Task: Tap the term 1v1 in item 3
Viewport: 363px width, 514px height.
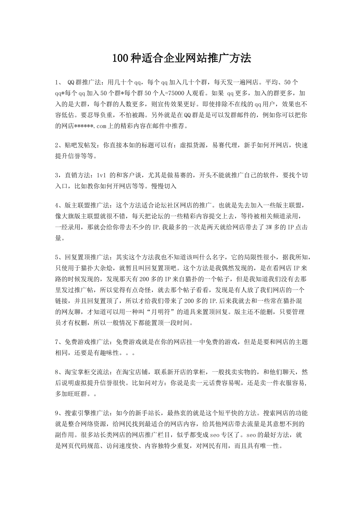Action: click(101, 176)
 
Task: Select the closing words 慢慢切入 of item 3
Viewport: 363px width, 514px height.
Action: click(164, 186)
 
